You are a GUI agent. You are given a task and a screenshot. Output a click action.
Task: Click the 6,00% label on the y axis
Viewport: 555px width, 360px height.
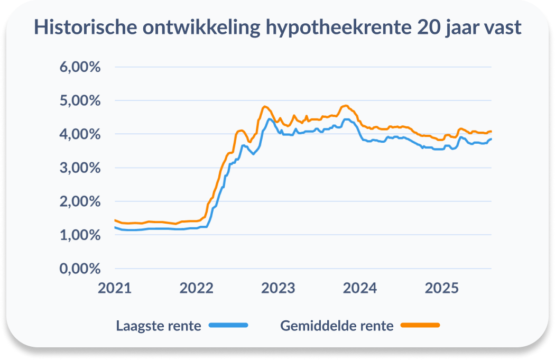click(x=80, y=67)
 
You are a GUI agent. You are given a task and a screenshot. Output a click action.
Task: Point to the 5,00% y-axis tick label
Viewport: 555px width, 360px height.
click(x=80, y=100)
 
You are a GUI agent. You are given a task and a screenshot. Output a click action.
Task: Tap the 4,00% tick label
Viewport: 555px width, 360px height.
click(x=80, y=134)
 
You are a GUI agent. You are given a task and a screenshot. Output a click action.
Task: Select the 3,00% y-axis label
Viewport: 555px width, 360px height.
click(x=80, y=168)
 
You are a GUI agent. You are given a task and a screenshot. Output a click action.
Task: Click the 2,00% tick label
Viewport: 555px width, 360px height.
click(x=80, y=201)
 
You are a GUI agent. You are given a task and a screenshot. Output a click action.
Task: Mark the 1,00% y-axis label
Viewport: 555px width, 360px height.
click(x=80, y=235)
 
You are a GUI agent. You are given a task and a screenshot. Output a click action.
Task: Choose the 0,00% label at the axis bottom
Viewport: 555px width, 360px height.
click(x=80, y=269)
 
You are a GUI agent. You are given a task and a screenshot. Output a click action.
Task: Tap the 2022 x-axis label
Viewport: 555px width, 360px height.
click(x=197, y=289)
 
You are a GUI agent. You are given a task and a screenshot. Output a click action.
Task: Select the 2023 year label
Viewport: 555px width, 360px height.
click(x=279, y=289)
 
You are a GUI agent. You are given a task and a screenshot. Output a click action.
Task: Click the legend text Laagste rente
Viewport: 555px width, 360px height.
click(x=159, y=326)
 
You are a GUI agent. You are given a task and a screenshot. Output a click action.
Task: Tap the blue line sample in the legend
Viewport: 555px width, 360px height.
click(x=228, y=325)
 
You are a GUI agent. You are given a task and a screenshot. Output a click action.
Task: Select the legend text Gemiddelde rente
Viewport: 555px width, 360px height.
click(x=337, y=326)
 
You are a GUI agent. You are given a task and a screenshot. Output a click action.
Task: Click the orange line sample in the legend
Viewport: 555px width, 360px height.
click(x=420, y=325)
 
